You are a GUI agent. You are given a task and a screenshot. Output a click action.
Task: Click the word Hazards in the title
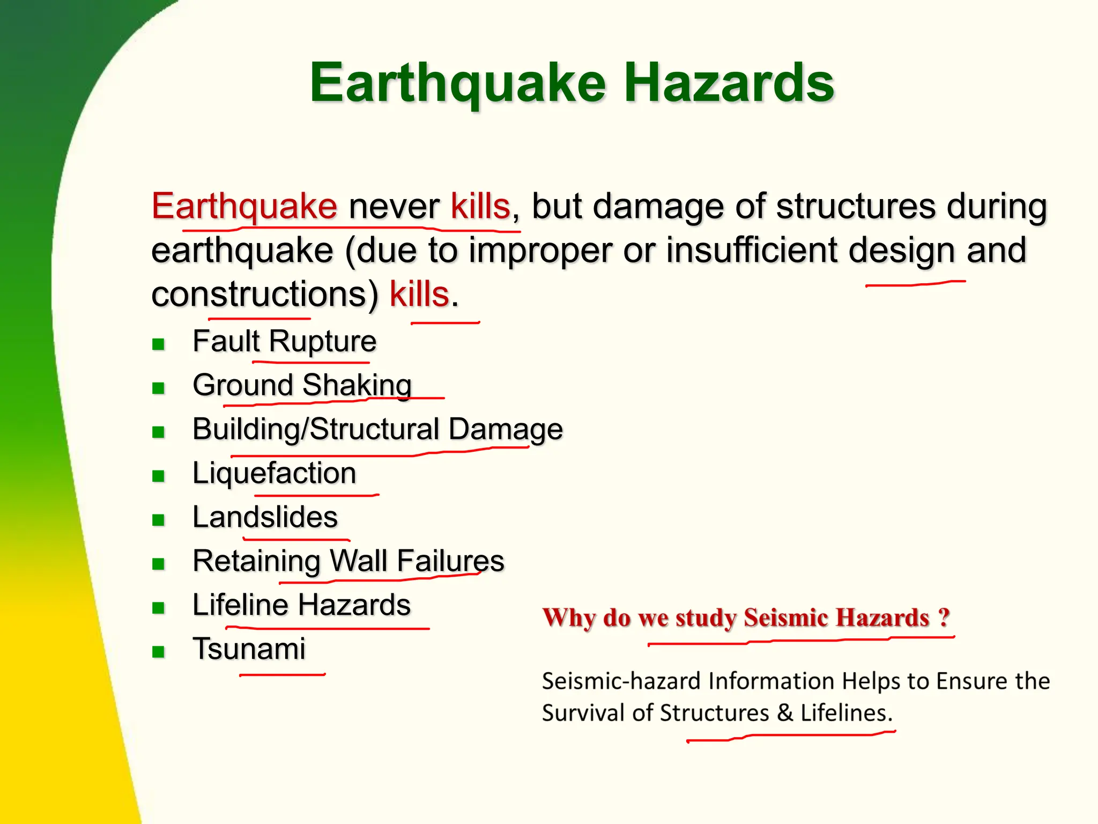click(x=729, y=83)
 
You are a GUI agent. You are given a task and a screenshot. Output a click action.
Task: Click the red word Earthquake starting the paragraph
click(x=244, y=207)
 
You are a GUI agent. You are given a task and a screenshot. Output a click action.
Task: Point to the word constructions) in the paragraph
click(x=265, y=295)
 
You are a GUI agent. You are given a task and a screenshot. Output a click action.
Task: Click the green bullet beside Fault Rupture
click(x=158, y=344)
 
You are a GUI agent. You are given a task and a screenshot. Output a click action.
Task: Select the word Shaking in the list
click(x=357, y=385)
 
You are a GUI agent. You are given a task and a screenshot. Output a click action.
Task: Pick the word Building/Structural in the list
click(x=316, y=429)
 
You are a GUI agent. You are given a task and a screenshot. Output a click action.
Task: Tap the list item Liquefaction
click(x=274, y=473)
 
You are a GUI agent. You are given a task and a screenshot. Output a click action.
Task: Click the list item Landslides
click(x=265, y=517)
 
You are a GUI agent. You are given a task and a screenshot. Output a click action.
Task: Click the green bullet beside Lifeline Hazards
click(x=158, y=608)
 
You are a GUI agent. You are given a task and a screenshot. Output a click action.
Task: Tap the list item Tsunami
click(x=249, y=649)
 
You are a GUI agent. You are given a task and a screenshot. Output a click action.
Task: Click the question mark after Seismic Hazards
click(x=944, y=617)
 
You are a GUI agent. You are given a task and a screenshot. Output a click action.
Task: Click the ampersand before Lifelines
click(x=785, y=713)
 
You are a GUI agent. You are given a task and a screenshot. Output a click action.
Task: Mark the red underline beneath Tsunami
click(x=282, y=674)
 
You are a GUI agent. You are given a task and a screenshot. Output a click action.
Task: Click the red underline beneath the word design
click(x=916, y=283)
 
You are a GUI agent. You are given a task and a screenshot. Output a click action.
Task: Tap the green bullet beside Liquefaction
click(x=158, y=476)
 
